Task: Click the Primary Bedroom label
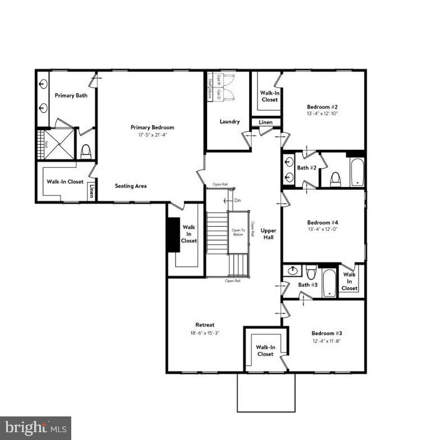click(152, 127)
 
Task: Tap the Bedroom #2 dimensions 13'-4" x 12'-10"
click(322, 113)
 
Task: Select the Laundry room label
click(229, 121)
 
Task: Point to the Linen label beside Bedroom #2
click(265, 122)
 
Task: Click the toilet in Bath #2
click(336, 178)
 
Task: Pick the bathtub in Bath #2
click(356, 171)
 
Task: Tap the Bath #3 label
click(307, 285)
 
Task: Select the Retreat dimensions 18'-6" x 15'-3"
click(205, 333)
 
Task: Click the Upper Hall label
click(269, 234)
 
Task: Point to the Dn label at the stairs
click(238, 200)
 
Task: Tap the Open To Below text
click(238, 233)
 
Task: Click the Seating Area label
click(131, 186)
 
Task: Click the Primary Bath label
click(71, 96)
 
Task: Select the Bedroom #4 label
click(322, 222)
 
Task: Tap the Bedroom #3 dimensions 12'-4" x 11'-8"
click(327, 341)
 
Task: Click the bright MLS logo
click(35, 428)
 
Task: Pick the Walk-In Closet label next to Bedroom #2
click(269, 96)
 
